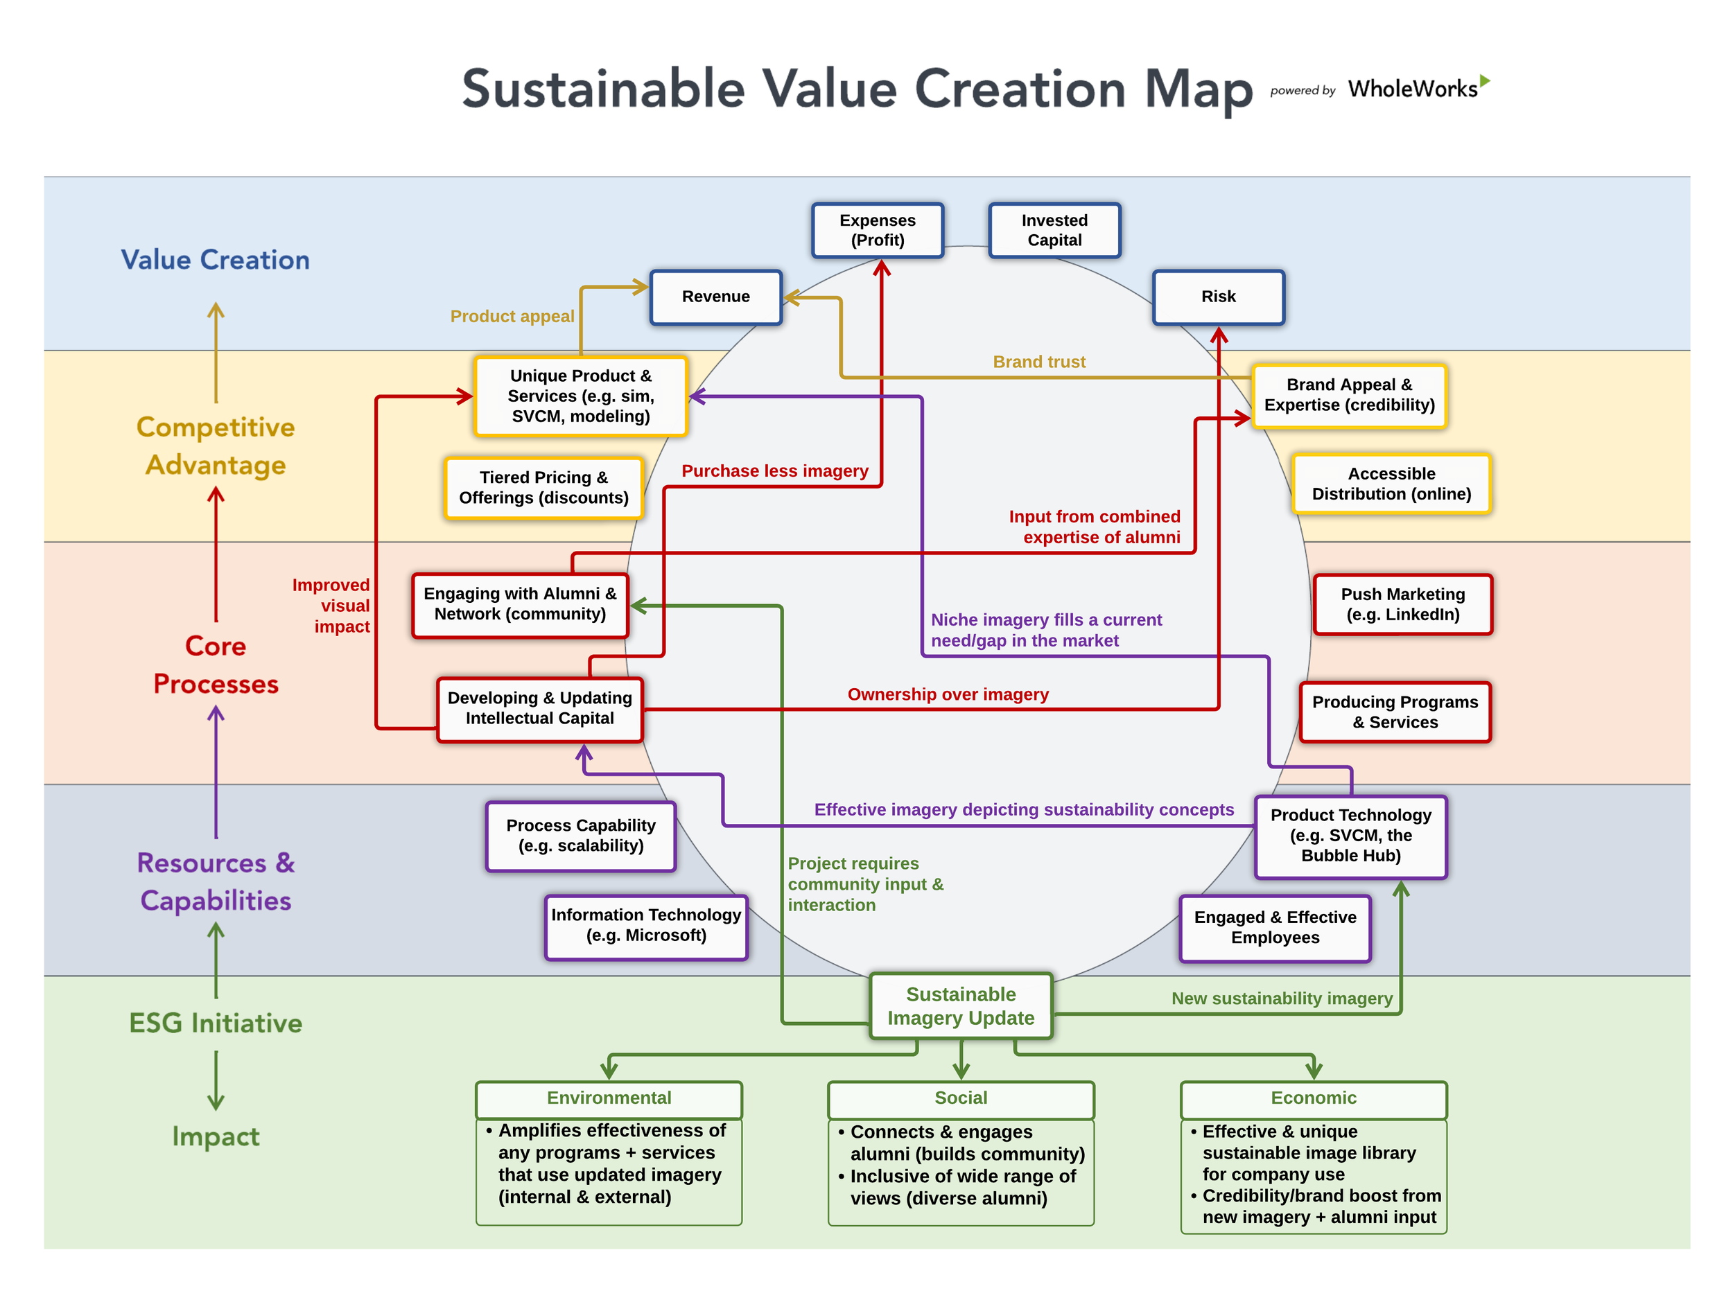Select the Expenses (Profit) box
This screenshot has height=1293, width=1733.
877,230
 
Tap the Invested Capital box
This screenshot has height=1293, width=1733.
1054,230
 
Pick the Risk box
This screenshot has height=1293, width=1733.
1218,297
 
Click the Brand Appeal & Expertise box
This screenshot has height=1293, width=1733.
1348,395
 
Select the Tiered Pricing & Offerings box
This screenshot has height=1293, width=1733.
543,488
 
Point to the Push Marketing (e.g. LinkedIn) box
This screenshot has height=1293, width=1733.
1402,604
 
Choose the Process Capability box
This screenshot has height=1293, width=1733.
580,835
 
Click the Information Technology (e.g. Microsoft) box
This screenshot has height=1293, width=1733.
646,925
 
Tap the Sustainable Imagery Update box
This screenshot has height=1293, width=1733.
960,1005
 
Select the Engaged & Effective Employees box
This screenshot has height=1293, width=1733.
1274,928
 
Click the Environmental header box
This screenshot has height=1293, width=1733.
609,1098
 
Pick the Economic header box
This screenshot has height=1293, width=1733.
1312,1098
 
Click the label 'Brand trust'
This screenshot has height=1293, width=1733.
1038,362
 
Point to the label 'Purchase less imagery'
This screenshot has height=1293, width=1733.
774,470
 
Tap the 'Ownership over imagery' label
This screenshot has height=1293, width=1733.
948,694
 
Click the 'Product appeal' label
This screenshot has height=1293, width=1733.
512,316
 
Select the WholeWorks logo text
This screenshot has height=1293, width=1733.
1412,89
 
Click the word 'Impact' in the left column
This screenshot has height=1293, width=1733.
216,1136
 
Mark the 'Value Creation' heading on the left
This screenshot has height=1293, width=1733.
216,260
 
